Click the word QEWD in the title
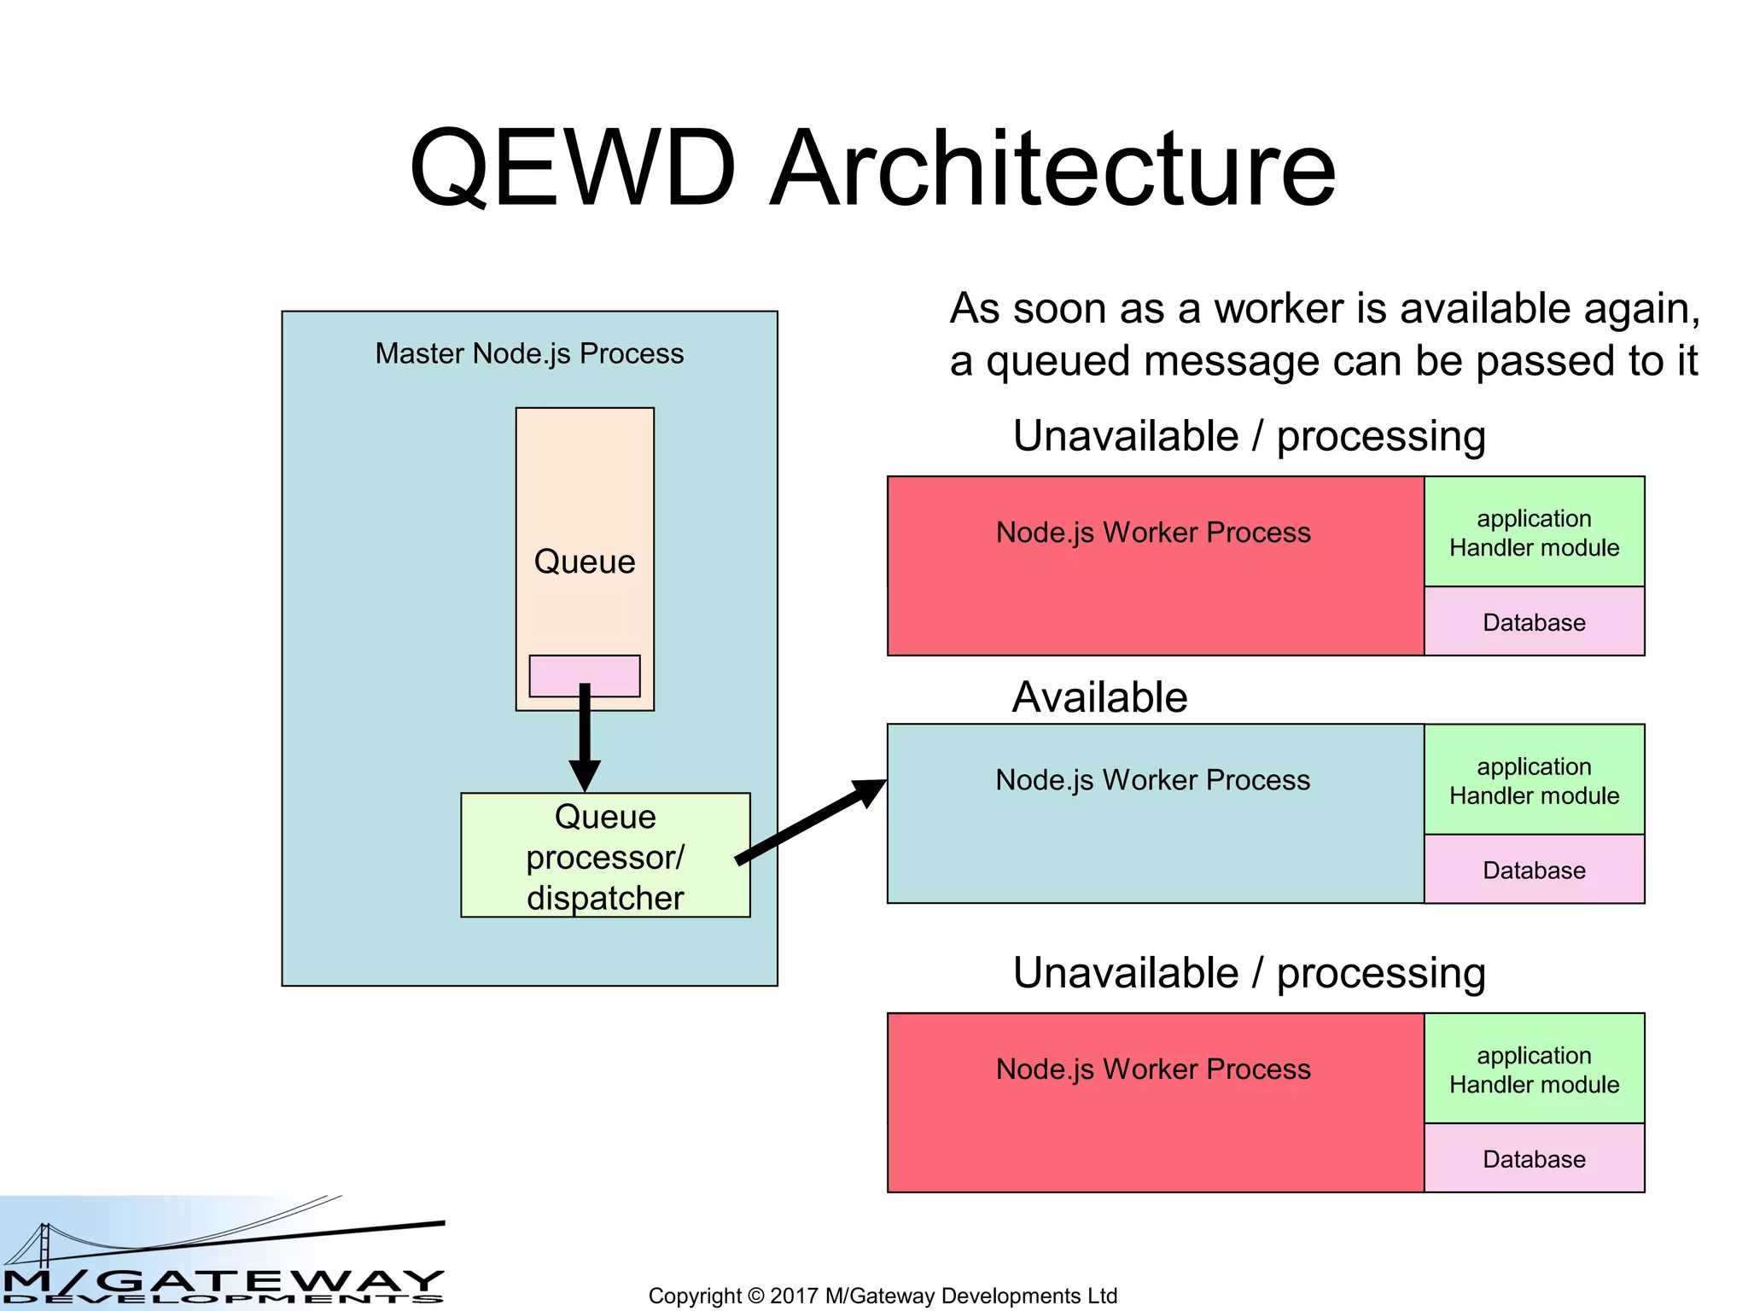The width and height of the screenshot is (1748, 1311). click(573, 168)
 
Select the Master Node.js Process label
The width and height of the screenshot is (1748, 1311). click(529, 353)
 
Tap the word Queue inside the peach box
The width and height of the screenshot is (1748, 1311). click(585, 562)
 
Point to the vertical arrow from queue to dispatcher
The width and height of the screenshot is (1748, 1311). click(585, 738)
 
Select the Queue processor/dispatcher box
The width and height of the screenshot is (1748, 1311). click(605, 856)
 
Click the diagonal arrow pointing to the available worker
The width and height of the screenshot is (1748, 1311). click(811, 824)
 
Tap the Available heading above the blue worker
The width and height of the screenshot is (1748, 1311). click(1099, 697)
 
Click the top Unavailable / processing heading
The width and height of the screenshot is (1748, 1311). click(1249, 436)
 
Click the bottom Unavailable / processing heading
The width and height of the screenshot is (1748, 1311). click(1249, 973)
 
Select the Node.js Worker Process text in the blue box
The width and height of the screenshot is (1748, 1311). click(1152, 780)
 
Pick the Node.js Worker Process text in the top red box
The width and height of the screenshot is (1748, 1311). click(1152, 533)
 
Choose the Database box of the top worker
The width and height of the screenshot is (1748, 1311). click(1534, 622)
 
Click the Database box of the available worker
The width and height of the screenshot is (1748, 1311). click(1534, 870)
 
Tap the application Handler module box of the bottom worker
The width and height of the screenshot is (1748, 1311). click(1534, 1069)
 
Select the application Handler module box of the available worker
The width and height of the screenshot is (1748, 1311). click(1534, 780)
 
